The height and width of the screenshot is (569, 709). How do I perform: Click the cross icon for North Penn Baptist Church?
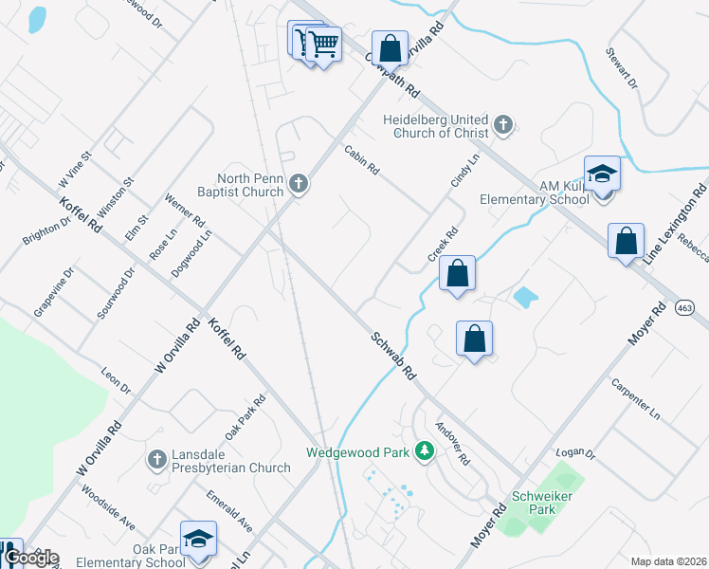pos(299,184)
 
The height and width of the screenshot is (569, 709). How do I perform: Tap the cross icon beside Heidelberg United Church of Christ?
pos(503,124)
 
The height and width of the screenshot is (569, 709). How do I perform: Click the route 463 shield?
pos(685,307)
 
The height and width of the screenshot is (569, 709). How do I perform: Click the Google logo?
pos(30,558)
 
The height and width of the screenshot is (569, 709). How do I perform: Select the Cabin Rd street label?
pos(361,159)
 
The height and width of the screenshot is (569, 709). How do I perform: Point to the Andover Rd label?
pos(452,443)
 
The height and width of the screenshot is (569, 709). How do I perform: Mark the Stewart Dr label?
pos(627,69)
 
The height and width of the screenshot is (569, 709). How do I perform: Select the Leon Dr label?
pos(115,381)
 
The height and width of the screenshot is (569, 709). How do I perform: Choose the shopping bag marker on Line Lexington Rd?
pos(626,242)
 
